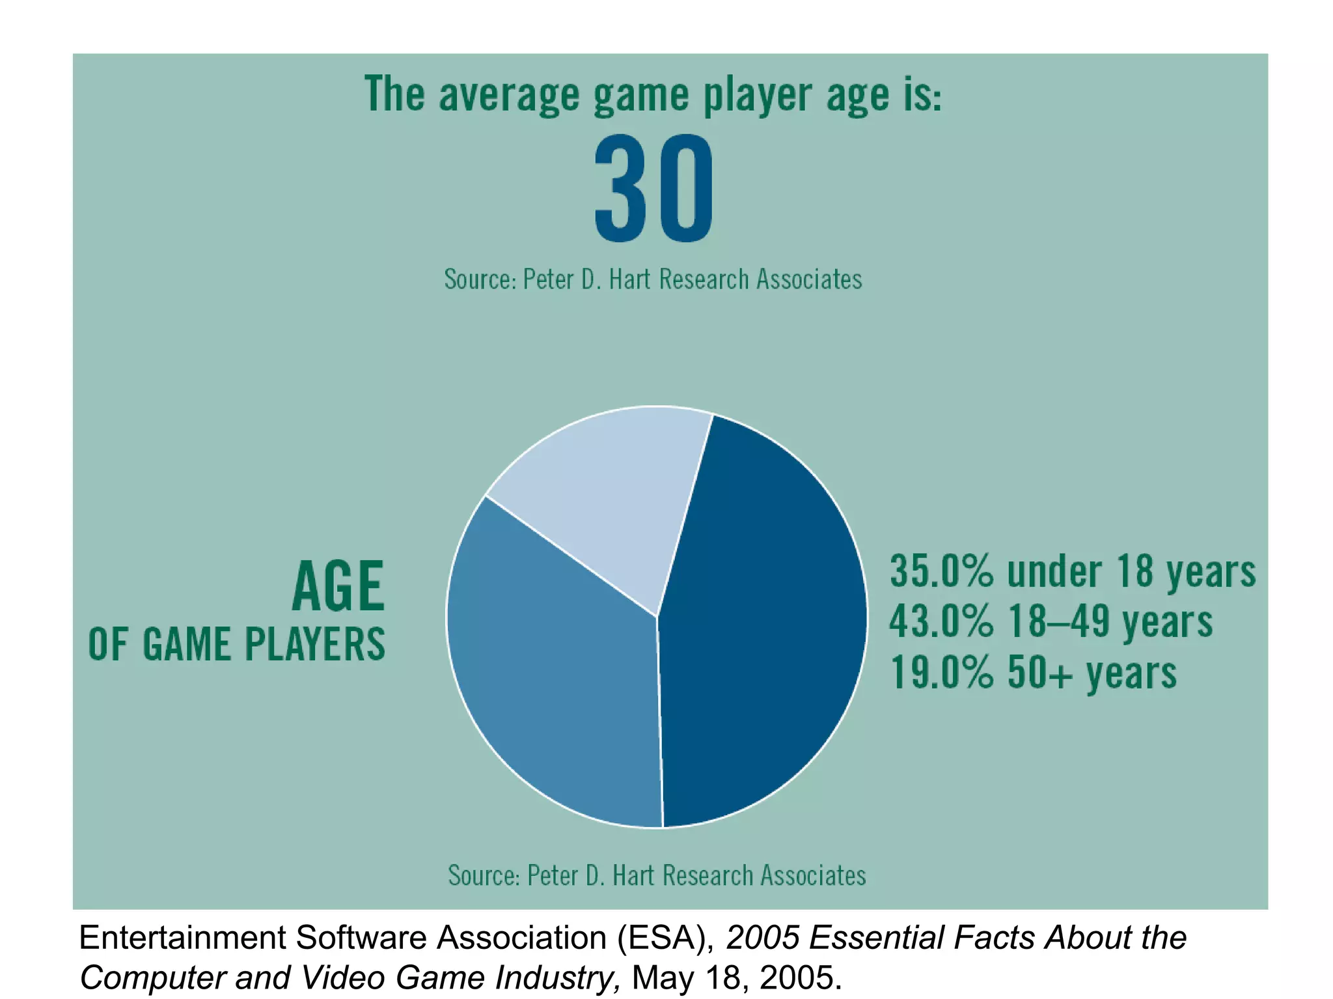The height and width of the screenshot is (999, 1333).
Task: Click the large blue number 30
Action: [653, 188]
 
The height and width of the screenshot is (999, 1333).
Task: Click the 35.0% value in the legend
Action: [941, 572]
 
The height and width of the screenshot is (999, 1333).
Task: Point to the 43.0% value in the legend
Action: [941, 621]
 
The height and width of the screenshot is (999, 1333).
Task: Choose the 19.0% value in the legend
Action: [941, 672]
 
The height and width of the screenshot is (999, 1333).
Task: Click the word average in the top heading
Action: [508, 94]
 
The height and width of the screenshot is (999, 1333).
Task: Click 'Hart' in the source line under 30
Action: [629, 279]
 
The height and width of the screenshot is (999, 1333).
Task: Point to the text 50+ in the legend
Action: [1039, 672]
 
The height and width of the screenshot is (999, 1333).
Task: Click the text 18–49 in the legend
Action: [1058, 621]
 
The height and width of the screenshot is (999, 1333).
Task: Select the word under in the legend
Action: [1054, 572]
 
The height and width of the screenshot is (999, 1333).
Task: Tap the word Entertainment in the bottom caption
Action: [182, 938]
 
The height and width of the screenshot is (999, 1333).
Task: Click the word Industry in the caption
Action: [556, 978]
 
